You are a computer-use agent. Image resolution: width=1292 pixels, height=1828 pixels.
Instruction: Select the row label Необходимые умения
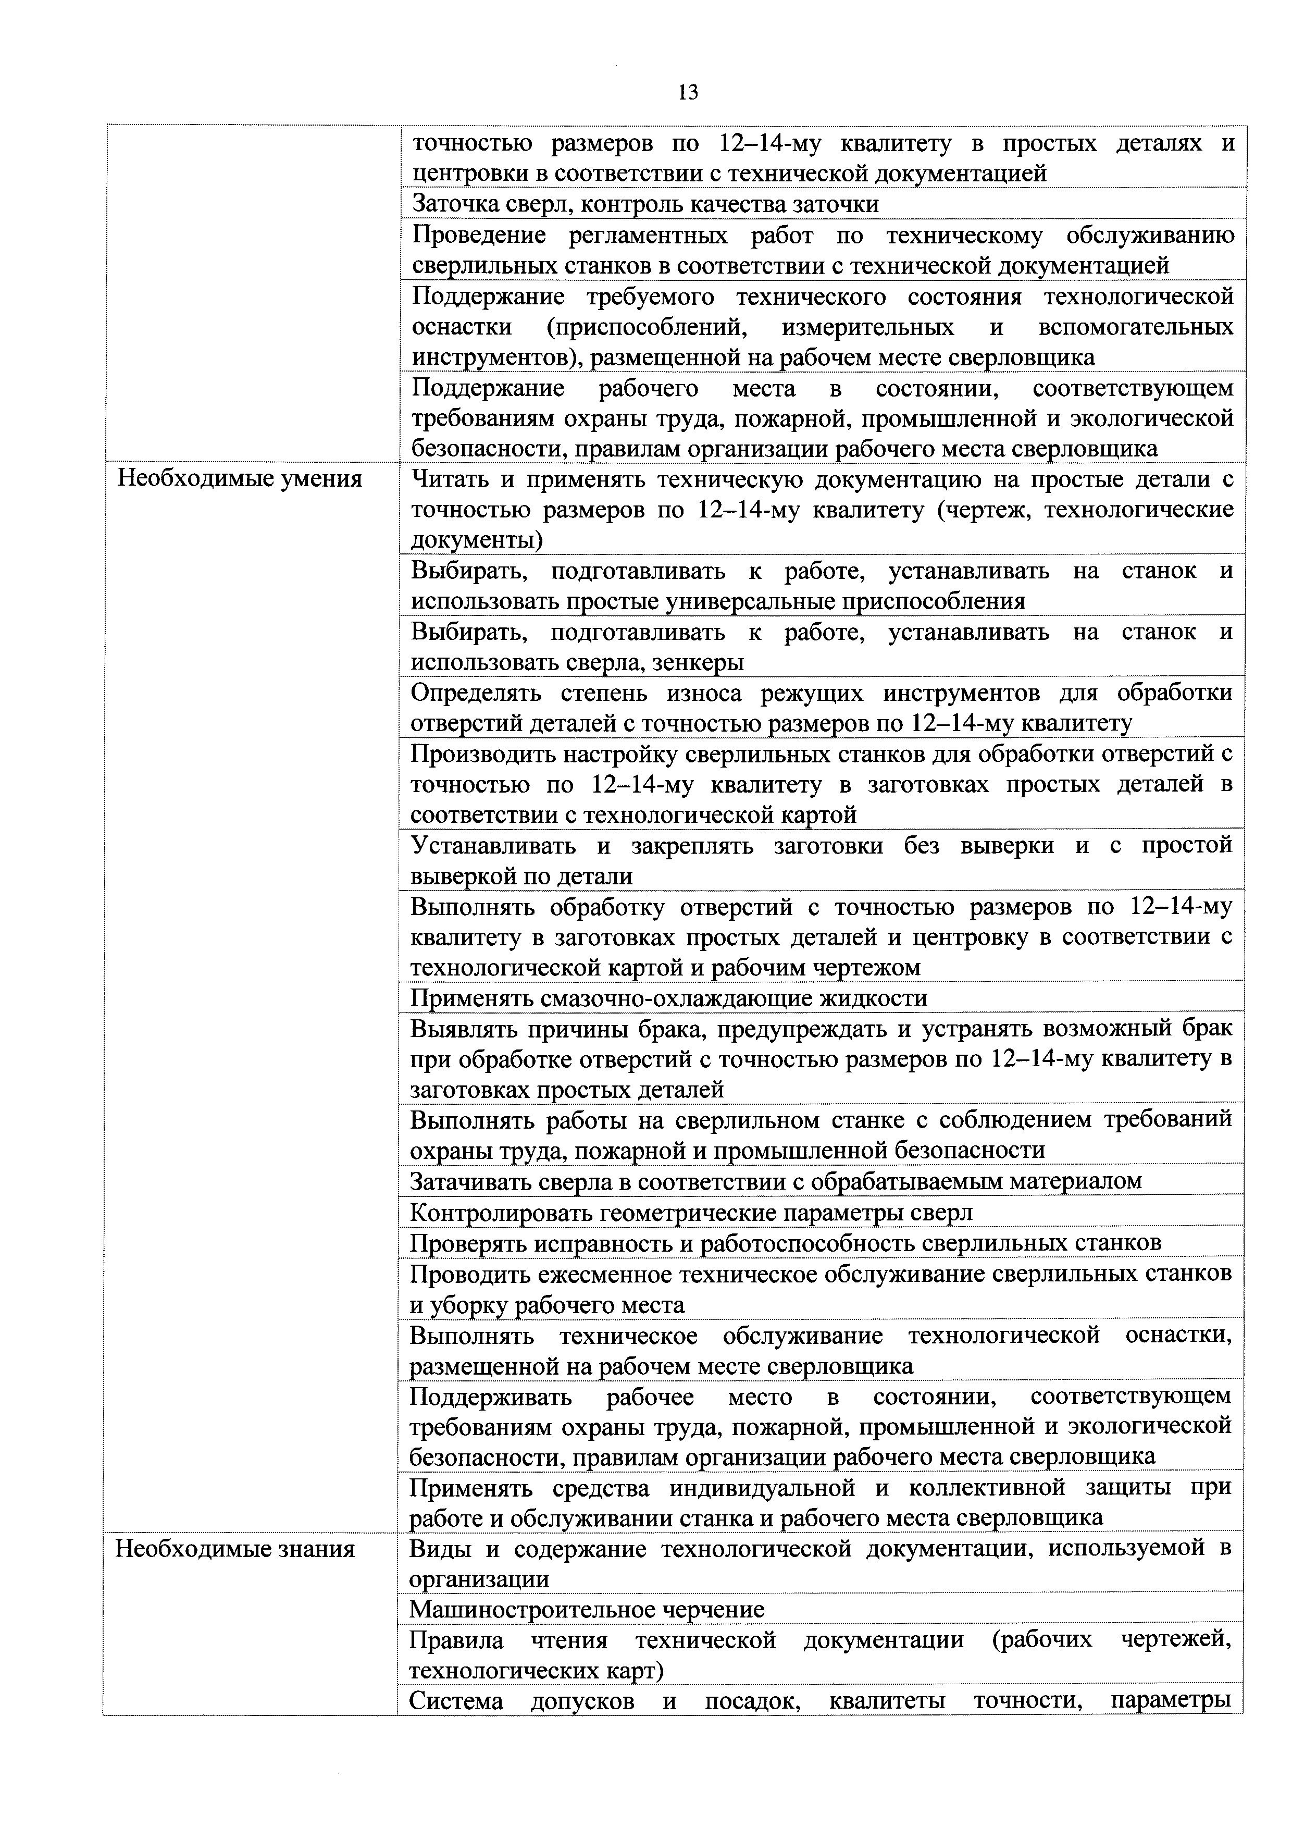(240, 479)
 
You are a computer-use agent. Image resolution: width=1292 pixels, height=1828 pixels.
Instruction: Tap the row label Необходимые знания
(235, 1549)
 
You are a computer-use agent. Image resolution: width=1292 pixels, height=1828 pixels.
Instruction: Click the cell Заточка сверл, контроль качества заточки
(645, 204)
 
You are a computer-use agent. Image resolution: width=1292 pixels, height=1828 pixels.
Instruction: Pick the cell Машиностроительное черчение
(587, 1609)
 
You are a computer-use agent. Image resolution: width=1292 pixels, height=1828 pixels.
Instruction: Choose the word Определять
(475, 693)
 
